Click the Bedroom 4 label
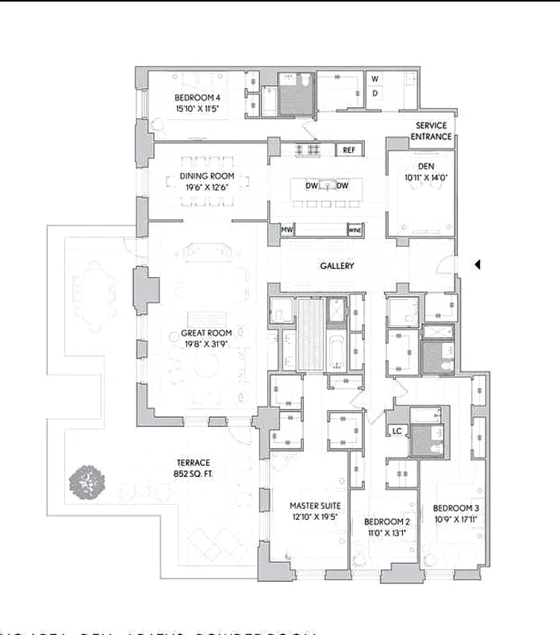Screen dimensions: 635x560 [x=196, y=98]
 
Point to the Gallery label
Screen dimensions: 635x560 [x=337, y=266]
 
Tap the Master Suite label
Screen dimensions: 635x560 [x=305, y=505]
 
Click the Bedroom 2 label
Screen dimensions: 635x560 [x=386, y=521]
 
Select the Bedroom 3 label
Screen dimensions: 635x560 [x=455, y=509]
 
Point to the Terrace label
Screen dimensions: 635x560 [x=193, y=463]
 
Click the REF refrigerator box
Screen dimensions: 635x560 [x=349, y=149]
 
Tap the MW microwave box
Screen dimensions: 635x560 [x=286, y=230]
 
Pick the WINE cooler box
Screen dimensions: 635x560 [x=355, y=230]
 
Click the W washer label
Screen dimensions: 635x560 [x=375, y=79]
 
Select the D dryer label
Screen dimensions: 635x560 [x=375, y=93]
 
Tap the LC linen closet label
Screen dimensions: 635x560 [x=397, y=431]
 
